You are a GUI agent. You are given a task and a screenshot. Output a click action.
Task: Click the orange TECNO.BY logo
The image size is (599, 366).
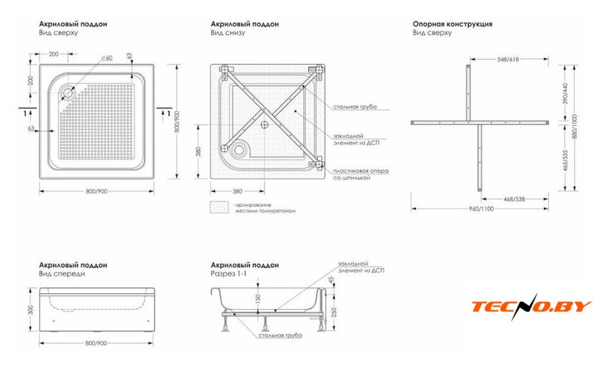click(531, 307)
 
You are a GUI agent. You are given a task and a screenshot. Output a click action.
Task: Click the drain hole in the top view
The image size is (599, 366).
click(69, 91)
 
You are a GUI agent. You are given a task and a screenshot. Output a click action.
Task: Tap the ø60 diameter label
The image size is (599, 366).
click(108, 58)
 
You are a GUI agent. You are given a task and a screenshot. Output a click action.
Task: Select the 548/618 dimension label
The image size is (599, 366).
click(507, 61)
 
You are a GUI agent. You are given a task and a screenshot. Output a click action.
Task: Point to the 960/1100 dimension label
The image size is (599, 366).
click(482, 209)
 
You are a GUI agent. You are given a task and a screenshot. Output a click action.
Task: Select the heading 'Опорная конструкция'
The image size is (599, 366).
click(452, 24)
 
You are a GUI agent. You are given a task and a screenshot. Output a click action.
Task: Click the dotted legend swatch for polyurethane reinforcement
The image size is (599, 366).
click(220, 208)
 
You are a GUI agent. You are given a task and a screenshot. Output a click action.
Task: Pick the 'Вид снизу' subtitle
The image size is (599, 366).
click(225, 33)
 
